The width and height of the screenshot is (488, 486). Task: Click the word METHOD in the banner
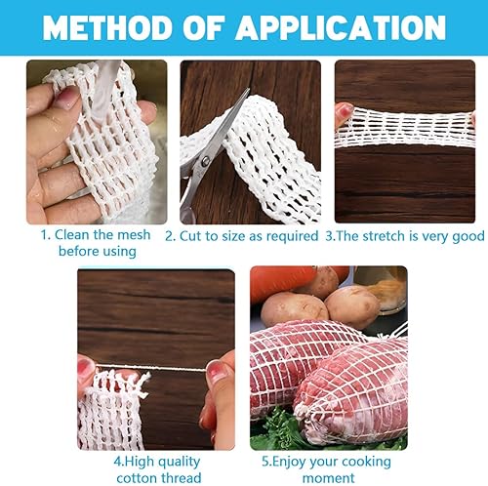pyautogui.click(x=107, y=27)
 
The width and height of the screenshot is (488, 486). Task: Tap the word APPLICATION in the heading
pyautogui.click(x=341, y=27)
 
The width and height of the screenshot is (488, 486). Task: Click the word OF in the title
pyautogui.click(x=204, y=27)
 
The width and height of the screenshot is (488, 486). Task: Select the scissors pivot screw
pyautogui.click(x=205, y=161)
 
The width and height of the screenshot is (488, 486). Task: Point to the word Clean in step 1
pyautogui.click(x=72, y=234)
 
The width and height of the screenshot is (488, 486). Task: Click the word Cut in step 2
pyautogui.click(x=188, y=236)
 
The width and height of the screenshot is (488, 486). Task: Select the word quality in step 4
pyautogui.click(x=179, y=462)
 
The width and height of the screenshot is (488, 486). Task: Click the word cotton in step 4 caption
pyautogui.click(x=136, y=478)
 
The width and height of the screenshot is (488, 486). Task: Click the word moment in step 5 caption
pyautogui.click(x=329, y=478)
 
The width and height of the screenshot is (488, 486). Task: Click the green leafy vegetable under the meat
pyautogui.click(x=276, y=429)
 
